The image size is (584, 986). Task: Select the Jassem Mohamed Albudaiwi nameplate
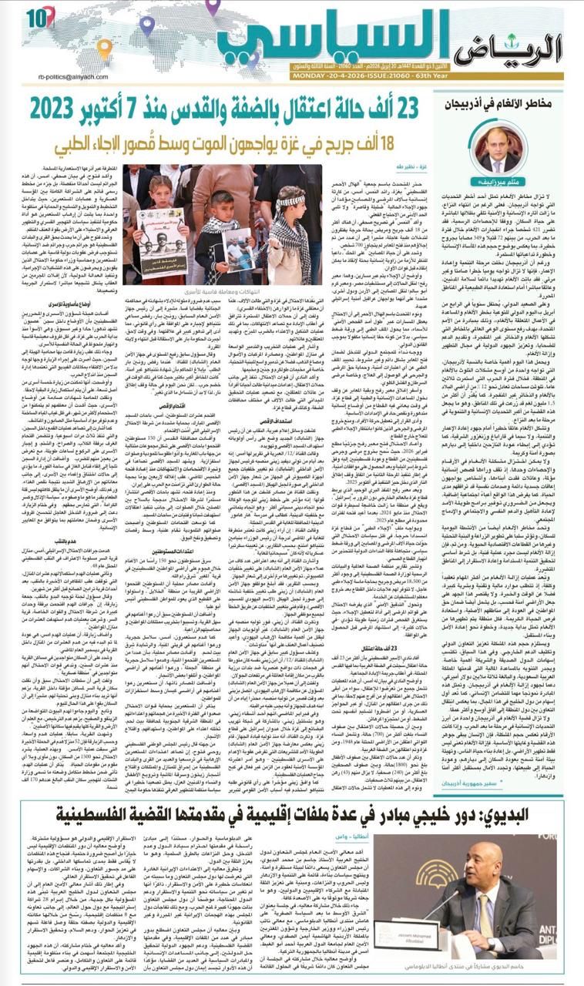[x=491, y=941]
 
